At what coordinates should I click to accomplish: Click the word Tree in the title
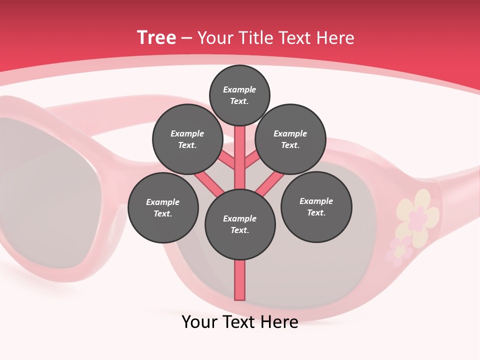[x=156, y=38]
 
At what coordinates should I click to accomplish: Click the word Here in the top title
[x=335, y=38]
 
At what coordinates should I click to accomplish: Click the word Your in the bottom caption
[x=200, y=322]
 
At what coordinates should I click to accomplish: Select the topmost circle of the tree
[x=239, y=95]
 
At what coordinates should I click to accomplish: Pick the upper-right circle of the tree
[x=290, y=139]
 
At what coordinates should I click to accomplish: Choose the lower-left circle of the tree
[x=163, y=207]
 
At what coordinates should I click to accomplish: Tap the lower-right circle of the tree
[x=316, y=206]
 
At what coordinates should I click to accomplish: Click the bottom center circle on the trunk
[x=240, y=224]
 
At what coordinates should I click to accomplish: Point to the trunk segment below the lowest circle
[x=240, y=280]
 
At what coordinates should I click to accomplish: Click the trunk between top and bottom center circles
[x=240, y=157]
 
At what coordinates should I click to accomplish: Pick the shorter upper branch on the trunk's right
[x=251, y=159]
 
